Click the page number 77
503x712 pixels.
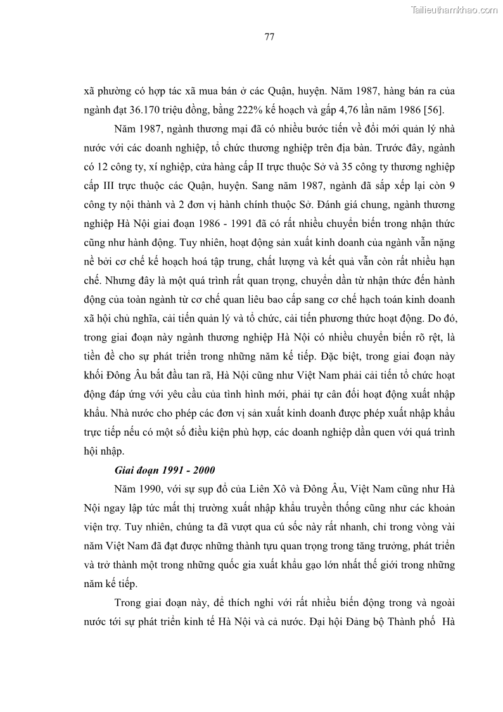[269, 36]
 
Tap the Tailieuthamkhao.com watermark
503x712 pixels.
[455, 10]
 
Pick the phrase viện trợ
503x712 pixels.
[101, 527]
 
